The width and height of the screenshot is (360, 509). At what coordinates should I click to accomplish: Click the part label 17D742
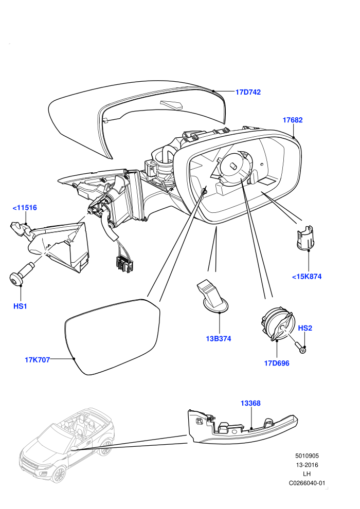click(248, 92)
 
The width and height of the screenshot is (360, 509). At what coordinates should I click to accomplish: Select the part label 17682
click(293, 120)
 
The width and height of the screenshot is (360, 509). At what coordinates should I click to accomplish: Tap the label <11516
click(25, 207)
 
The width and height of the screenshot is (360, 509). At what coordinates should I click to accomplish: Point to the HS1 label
click(20, 306)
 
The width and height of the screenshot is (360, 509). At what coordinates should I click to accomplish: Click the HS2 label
click(305, 328)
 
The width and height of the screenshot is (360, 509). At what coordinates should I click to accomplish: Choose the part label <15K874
click(307, 277)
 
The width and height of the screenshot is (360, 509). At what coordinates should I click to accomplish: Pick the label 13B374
click(219, 339)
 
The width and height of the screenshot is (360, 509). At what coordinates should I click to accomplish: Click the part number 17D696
click(277, 363)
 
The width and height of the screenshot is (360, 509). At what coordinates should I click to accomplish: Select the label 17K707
click(38, 360)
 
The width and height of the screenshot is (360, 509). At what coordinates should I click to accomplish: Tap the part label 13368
click(250, 403)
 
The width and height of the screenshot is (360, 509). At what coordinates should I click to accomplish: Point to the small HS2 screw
click(301, 347)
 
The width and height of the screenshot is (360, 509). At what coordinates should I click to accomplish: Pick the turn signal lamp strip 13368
click(242, 427)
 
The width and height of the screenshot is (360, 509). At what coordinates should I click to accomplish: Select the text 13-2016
click(307, 465)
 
